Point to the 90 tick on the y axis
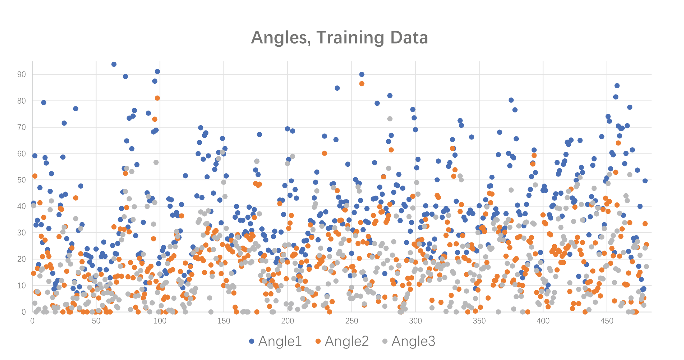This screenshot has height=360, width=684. [x=22, y=74]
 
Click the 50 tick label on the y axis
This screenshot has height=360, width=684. [x=22, y=180]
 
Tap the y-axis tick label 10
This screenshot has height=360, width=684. [x=22, y=285]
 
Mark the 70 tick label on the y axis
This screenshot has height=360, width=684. [x=22, y=127]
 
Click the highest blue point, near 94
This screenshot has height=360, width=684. [x=114, y=64]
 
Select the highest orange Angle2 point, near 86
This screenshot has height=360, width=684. [x=362, y=83]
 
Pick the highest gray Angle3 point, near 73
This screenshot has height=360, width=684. [x=390, y=119]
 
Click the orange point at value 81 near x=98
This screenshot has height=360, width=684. [x=157, y=98]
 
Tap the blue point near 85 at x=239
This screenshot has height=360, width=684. [x=337, y=88]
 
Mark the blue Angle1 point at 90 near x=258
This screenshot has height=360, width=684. [x=362, y=74]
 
